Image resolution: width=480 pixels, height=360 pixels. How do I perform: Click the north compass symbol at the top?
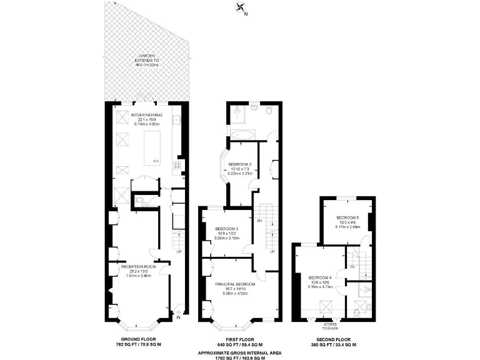point(240,7)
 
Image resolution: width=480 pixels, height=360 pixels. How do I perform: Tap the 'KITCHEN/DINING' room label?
point(146,115)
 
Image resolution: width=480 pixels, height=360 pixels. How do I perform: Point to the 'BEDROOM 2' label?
point(241,164)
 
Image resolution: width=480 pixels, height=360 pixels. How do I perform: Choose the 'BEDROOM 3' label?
point(226,229)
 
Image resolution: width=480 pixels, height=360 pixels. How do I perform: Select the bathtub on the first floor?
point(241,134)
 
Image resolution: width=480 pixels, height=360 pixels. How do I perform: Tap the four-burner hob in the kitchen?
point(177,165)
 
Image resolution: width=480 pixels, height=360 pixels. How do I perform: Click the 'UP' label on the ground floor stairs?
point(179,252)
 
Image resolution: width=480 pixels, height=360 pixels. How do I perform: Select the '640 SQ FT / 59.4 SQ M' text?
point(239,344)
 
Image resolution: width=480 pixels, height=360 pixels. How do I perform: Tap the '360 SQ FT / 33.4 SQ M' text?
point(337,344)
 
